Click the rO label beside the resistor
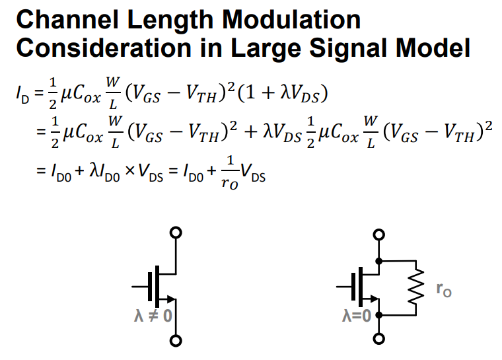pos(444,289)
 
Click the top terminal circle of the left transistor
pos(176,233)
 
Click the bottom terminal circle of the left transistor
pos(176,341)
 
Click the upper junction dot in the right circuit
pos(378,261)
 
